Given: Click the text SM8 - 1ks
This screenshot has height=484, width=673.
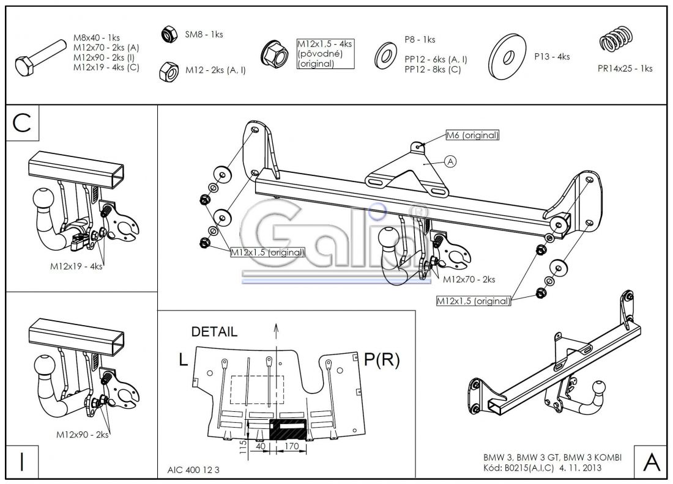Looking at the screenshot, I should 204,34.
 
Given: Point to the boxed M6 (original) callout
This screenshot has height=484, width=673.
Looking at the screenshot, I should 472,136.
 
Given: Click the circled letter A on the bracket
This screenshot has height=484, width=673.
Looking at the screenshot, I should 450,162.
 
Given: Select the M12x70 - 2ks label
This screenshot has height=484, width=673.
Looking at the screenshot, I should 469,279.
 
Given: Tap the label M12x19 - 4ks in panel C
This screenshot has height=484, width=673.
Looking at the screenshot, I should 76,266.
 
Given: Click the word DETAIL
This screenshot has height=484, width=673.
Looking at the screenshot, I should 214,332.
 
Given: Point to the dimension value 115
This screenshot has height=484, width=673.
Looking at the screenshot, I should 243,446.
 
